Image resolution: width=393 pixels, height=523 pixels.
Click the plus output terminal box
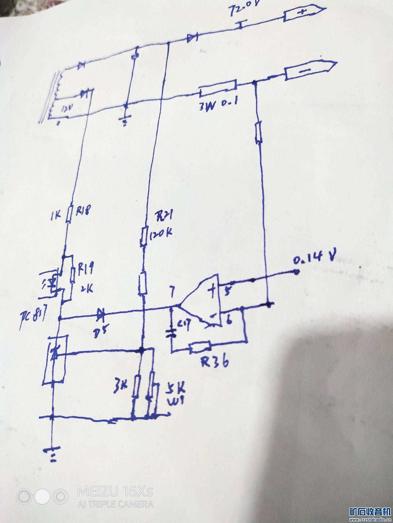(x=304, y=13)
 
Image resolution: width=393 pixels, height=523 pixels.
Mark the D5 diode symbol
(x=100, y=313)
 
